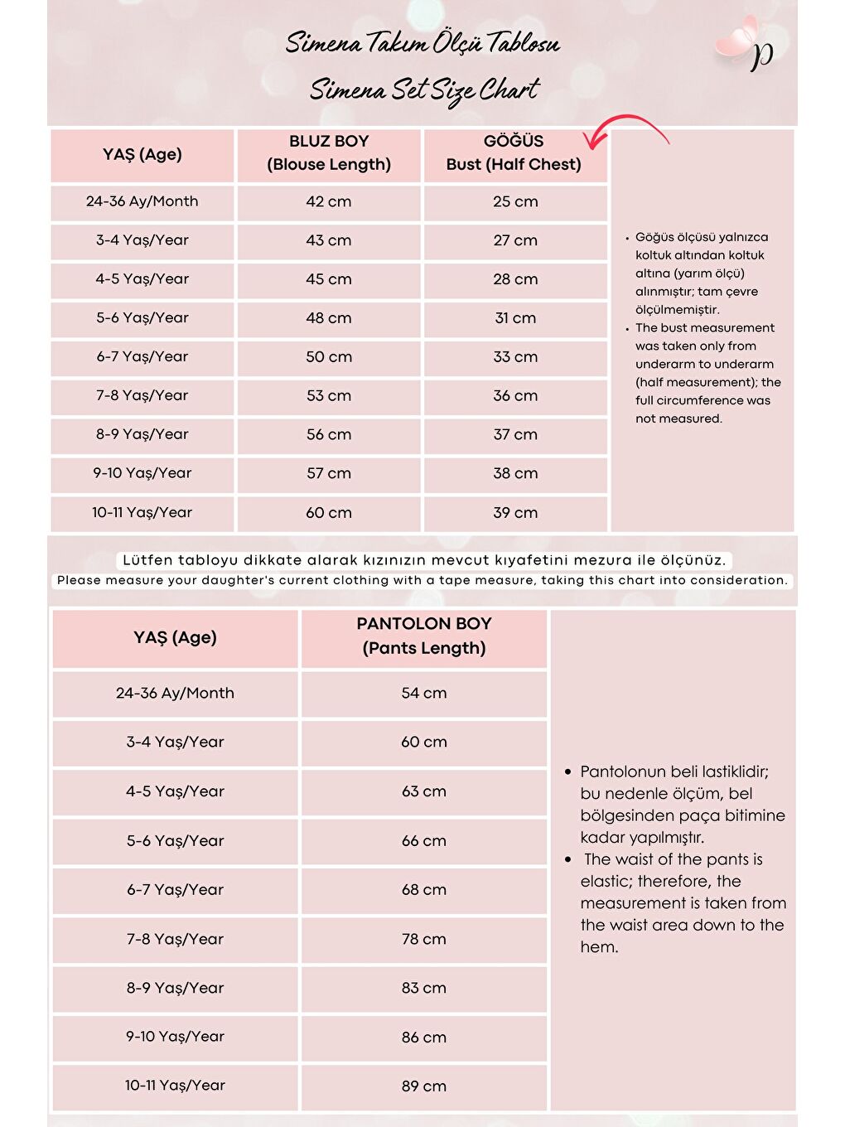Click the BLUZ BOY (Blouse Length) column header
[x=329, y=153]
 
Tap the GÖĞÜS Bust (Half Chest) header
[x=514, y=153]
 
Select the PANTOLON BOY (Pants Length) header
[x=423, y=636]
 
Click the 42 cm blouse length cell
[x=329, y=201]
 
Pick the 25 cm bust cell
[x=515, y=201]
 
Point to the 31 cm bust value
[x=515, y=318]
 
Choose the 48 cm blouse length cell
[x=329, y=318]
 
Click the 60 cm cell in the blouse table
[x=329, y=513]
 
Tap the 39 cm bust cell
[x=515, y=513]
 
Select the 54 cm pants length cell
[x=423, y=693]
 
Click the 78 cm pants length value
[x=423, y=939]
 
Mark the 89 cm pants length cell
[x=423, y=1086]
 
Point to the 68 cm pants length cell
[x=423, y=889]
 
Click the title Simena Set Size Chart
[x=424, y=89]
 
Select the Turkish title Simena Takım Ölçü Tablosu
[x=422, y=43]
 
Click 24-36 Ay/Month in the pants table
[x=175, y=693]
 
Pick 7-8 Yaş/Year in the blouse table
[x=142, y=395]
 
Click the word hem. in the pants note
[x=599, y=947]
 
